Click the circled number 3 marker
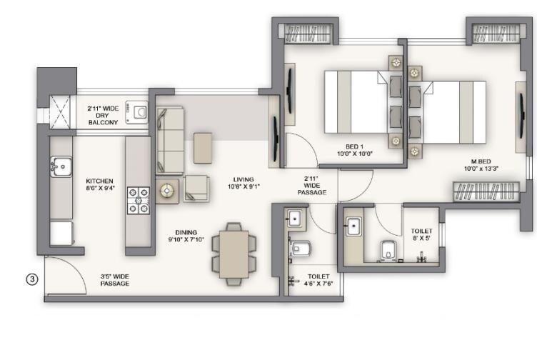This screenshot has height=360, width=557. click(x=31, y=279)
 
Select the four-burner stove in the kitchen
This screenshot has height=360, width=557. click(x=138, y=200)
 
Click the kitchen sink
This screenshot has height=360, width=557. click(x=61, y=166)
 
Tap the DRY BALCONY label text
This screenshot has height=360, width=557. click(x=103, y=116)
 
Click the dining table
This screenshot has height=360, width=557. click(x=232, y=254)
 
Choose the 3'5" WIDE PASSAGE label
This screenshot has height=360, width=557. click(x=114, y=280)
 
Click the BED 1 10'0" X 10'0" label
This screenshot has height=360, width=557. click(x=356, y=149)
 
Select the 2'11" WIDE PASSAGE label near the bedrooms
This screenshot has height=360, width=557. click(x=311, y=186)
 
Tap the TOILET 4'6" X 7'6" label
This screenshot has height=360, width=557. click(x=318, y=280)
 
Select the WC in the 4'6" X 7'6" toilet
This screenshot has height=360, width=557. click(x=300, y=248)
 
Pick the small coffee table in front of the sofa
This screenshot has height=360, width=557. click(x=203, y=148)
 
